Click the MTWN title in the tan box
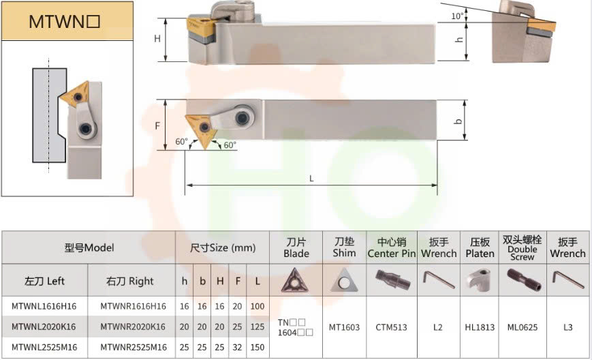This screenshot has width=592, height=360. click(64, 22)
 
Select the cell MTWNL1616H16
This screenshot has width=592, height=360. click(44, 306)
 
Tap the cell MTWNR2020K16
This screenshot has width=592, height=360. click(133, 327)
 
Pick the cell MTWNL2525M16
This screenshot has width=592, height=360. click(44, 347)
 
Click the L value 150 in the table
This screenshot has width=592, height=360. click(258, 347)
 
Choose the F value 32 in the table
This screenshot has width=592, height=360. click(237, 347)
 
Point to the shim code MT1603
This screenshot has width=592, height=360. click(344, 327)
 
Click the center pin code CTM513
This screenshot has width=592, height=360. click(391, 327)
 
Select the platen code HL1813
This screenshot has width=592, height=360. click(480, 327)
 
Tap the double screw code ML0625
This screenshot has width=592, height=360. click(522, 327)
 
